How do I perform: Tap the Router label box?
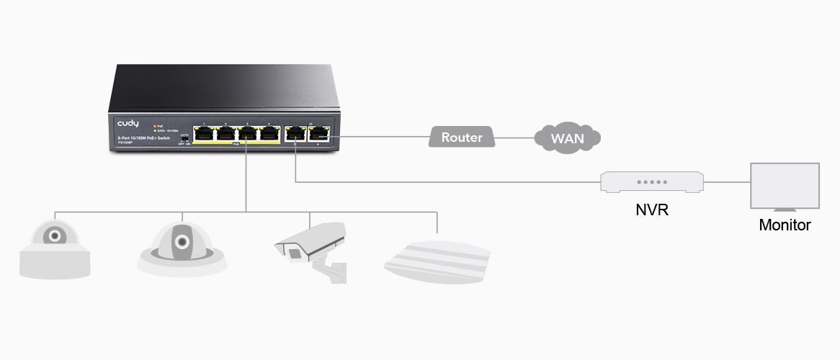click(462, 137)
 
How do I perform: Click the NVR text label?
click(651, 212)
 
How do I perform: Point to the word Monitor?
click(785, 225)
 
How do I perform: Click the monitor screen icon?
click(785, 186)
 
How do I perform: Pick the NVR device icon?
click(651, 181)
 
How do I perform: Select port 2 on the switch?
click(226, 133)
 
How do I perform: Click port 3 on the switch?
click(247, 133)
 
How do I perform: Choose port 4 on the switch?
click(269, 133)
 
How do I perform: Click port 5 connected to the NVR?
click(295, 133)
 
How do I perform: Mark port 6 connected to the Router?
click(318, 133)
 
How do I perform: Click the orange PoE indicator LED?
click(154, 126)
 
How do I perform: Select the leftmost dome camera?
click(55, 248)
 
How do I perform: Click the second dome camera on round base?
click(182, 247)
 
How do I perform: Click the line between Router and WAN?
click(515, 138)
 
